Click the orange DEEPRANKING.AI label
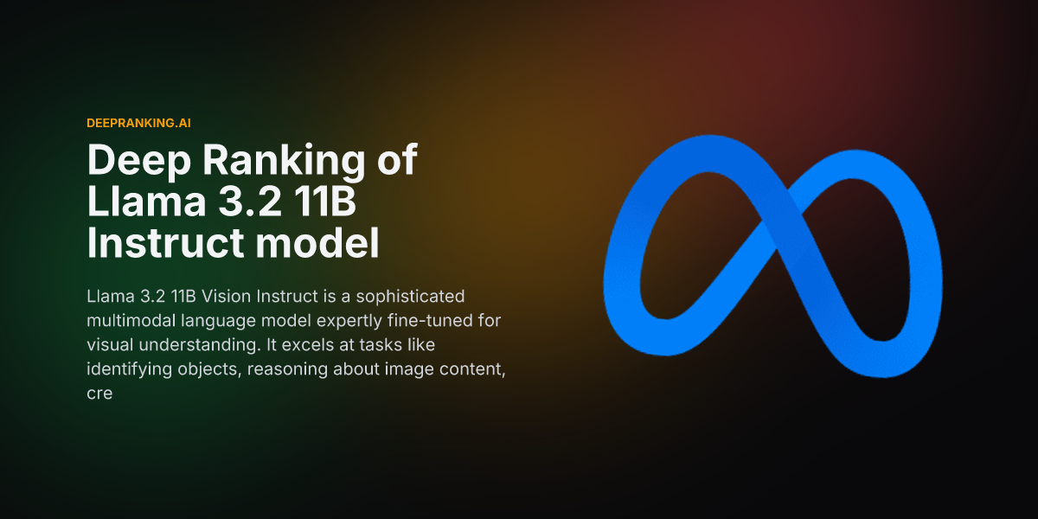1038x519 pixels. pos(138,123)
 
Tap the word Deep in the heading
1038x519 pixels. pos(139,160)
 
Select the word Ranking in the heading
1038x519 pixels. pos(284,161)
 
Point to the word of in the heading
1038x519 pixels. pos(397,159)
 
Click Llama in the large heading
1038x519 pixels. pos(146,201)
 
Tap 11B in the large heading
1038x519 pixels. pos(325,201)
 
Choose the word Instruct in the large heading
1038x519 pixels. pos(165,242)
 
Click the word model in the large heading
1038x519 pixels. pos(317,242)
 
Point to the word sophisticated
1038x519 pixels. pos(410,296)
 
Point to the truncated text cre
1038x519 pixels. pos(99,394)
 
